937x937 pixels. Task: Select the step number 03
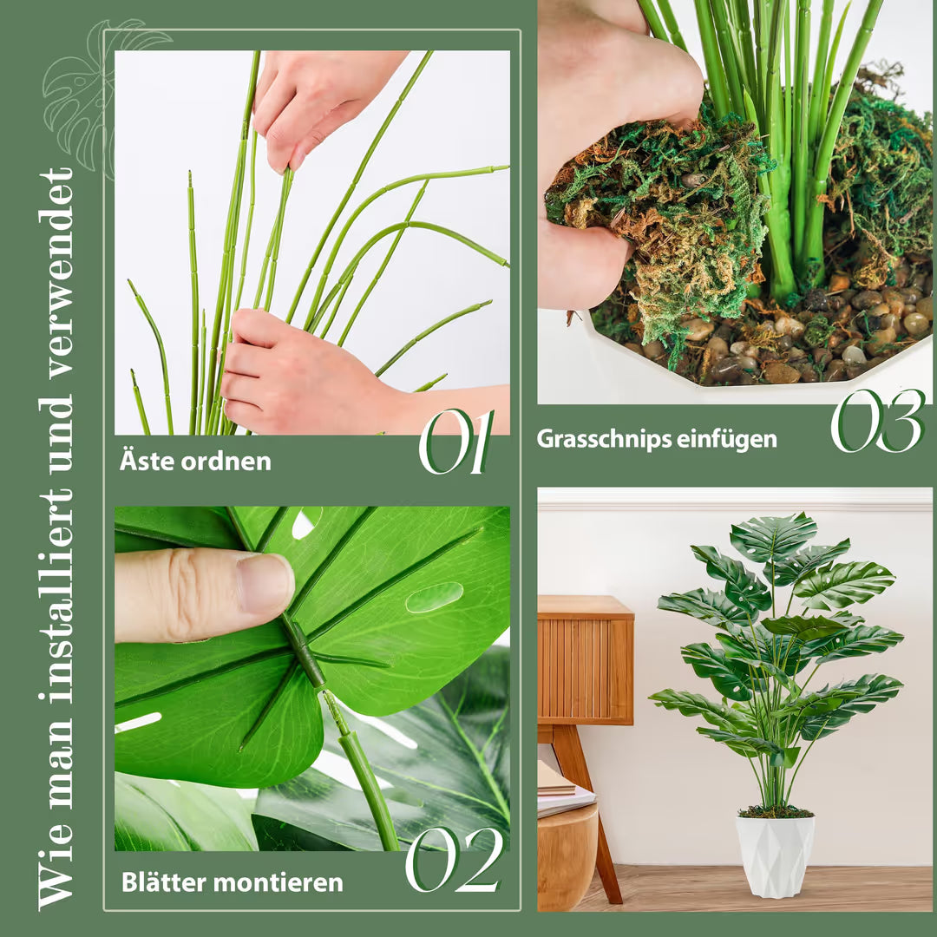click(877, 421)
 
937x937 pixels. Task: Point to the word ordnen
click(224, 462)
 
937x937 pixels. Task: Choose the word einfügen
click(726, 439)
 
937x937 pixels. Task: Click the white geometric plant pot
click(775, 856)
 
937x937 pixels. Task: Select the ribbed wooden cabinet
click(585, 661)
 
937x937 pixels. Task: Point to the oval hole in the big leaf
click(435, 596)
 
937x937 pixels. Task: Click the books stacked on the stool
click(561, 788)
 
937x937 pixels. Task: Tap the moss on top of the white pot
click(775, 811)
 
